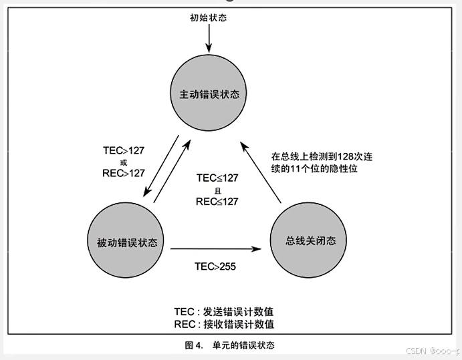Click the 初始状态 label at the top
click(209, 17)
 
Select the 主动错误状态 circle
click(209, 93)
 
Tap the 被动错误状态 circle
click(126, 240)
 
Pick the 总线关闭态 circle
click(308, 240)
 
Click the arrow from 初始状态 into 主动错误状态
click(209, 38)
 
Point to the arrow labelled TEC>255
click(216, 249)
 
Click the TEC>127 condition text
click(124, 150)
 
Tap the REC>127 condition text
click(124, 173)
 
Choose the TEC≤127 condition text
click(217, 178)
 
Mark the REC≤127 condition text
click(217, 202)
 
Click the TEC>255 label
click(215, 266)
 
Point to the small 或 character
click(124, 162)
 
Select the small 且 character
click(217, 191)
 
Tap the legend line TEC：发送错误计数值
click(224, 312)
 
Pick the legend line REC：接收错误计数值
click(224, 325)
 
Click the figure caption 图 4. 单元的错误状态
click(230, 345)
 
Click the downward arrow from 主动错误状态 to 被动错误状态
click(161, 166)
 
